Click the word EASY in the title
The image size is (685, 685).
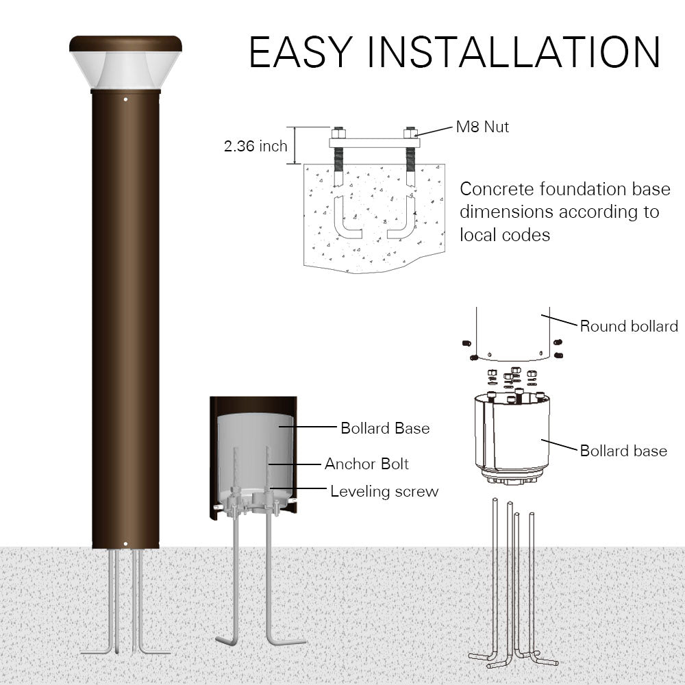(301, 51)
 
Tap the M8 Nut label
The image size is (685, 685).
(483, 127)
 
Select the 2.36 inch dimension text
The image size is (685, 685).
(256, 146)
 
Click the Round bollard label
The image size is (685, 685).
(629, 326)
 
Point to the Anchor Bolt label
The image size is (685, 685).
(366, 464)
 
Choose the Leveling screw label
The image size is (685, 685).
(384, 491)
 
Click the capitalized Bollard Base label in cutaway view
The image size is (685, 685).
(385, 428)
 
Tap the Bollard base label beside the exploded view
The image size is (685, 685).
(623, 451)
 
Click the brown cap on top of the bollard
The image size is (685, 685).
(125, 45)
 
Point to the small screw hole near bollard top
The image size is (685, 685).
(125, 99)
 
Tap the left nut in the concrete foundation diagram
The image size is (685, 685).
(338, 132)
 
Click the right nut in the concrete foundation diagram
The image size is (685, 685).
(410, 132)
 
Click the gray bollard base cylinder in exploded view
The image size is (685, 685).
(512, 435)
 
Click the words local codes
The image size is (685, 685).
(505, 234)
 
